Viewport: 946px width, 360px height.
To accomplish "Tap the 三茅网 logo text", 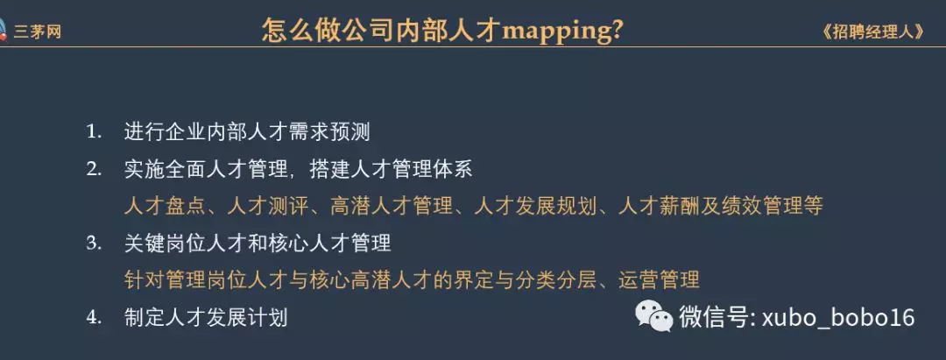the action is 38,32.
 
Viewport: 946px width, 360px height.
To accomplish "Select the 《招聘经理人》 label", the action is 873,32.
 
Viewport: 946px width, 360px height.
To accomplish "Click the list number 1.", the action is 94,131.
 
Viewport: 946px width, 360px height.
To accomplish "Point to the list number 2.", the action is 94,169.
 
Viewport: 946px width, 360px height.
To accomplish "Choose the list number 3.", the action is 94,243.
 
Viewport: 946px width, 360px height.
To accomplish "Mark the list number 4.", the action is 94,317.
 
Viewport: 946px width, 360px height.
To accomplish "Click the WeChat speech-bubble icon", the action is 653,316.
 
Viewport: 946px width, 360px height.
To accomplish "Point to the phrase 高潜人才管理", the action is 391,206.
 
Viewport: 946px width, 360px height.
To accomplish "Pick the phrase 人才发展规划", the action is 535,206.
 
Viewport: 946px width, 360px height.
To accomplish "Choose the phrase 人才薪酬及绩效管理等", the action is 721,206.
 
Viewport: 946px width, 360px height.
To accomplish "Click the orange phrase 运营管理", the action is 659,279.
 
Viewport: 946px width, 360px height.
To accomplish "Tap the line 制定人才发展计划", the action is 206,317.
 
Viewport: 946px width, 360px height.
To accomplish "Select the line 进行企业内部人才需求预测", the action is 247,132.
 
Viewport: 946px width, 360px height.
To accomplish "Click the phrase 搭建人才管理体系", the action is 391,169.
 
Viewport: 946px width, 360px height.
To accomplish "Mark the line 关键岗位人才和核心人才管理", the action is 258,243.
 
